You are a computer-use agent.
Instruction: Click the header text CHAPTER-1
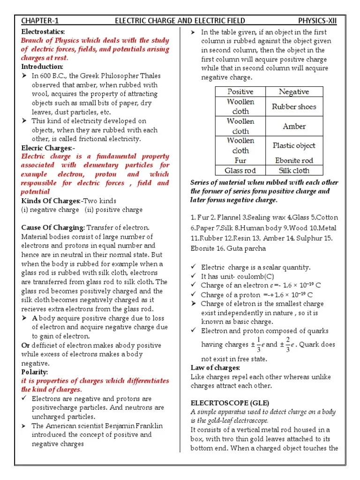click(x=40, y=21)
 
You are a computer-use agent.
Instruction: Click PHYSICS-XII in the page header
click(x=317, y=21)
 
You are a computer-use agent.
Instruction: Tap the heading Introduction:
click(x=42, y=67)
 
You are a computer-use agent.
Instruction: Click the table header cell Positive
click(x=240, y=92)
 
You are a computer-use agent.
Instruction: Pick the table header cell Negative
click(x=294, y=92)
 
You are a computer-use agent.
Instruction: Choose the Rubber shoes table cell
click(x=294, y=106)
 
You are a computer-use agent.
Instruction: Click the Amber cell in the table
click(x=294, y=126)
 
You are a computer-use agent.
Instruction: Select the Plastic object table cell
click(x=294, y=145)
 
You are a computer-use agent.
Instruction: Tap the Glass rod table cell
click(x=240, y=171)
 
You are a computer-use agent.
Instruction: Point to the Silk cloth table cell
click(x=294, y=171)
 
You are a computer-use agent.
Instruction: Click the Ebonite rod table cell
click(x=294, y=160)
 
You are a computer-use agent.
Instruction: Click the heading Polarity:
click(x=35, y=372)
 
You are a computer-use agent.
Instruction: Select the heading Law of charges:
click(x=215, y=367)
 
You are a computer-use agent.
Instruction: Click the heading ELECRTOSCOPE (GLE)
click(x=223, y=403)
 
